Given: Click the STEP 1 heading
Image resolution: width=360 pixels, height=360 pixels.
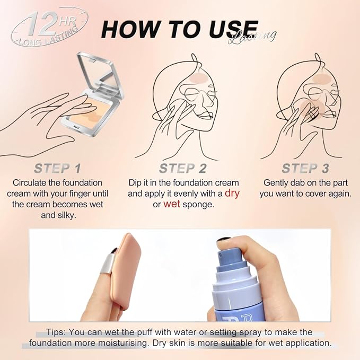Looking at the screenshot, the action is [x=57, y=169].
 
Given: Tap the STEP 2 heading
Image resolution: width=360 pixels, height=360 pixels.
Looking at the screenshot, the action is [x=183, y=169].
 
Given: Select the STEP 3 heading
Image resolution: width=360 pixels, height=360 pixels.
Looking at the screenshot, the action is [x=305, y=169].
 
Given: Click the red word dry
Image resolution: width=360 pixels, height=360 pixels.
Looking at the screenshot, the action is [x=232, y=193].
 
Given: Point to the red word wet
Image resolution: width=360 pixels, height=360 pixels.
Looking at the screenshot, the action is [x=172, y=204].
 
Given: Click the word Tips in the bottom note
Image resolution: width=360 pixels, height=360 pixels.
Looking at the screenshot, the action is [x=56, y=332].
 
